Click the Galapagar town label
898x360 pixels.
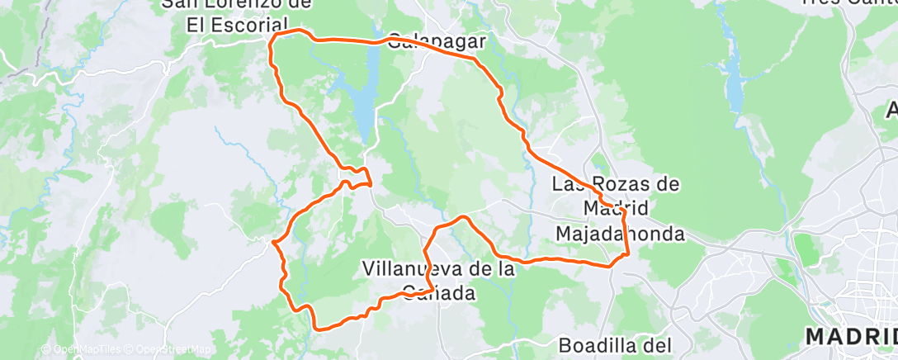click(435, 39)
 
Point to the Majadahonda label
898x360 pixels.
click(620, 234)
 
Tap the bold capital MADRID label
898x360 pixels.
click(850, 337)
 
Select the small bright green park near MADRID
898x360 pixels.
click(801, 249)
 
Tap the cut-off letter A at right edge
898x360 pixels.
click(892, 110)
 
